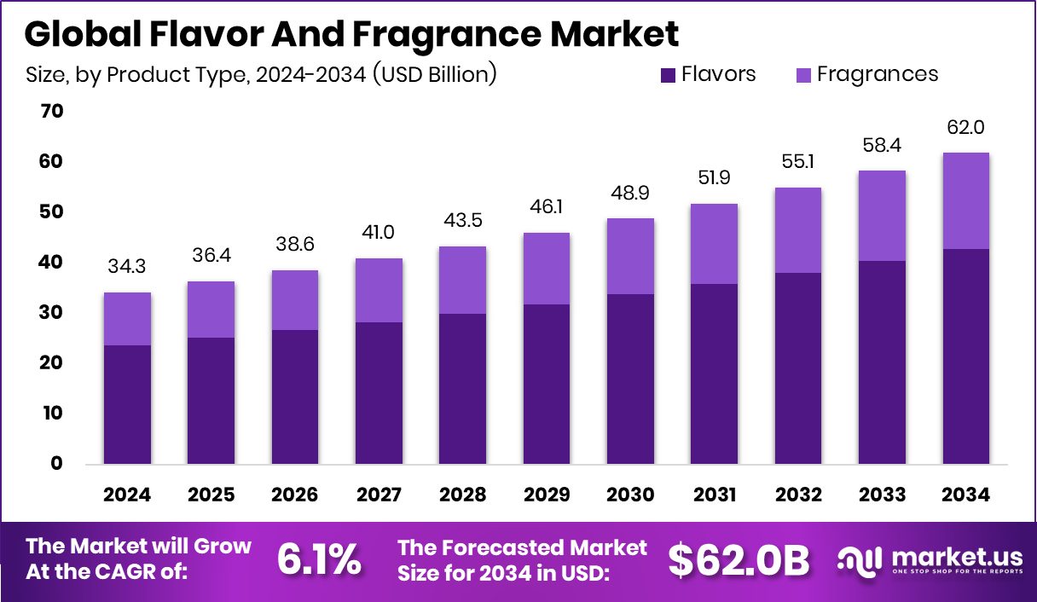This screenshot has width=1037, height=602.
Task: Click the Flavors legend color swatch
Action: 669,75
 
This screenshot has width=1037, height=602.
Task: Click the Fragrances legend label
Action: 877,74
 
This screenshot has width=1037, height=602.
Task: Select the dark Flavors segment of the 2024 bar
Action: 127,404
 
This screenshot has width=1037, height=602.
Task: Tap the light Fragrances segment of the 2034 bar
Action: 966,200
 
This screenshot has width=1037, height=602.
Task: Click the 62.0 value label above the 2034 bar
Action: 966,128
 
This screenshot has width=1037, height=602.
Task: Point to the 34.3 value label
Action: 127,268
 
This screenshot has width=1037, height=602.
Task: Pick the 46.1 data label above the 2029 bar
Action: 547,207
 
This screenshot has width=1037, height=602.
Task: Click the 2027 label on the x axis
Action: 379,495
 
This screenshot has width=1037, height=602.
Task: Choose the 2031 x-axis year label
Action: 715,495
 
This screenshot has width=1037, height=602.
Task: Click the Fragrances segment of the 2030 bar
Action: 630,256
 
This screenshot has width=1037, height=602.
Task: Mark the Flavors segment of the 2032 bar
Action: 798,368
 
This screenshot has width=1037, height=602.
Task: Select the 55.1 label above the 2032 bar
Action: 798,162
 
